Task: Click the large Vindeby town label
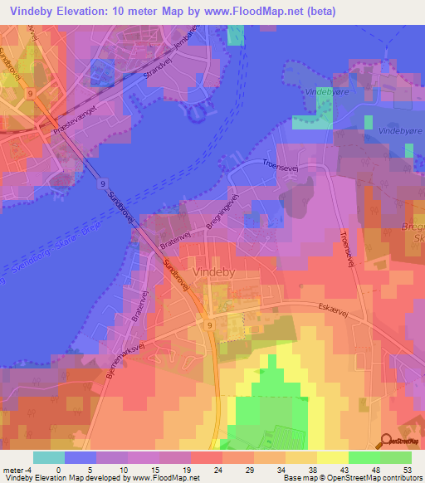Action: coord(216,271)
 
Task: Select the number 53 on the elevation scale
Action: coord(406,469)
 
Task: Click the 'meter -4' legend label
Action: coord(16,469)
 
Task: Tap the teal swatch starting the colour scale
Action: coord(49,457)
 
